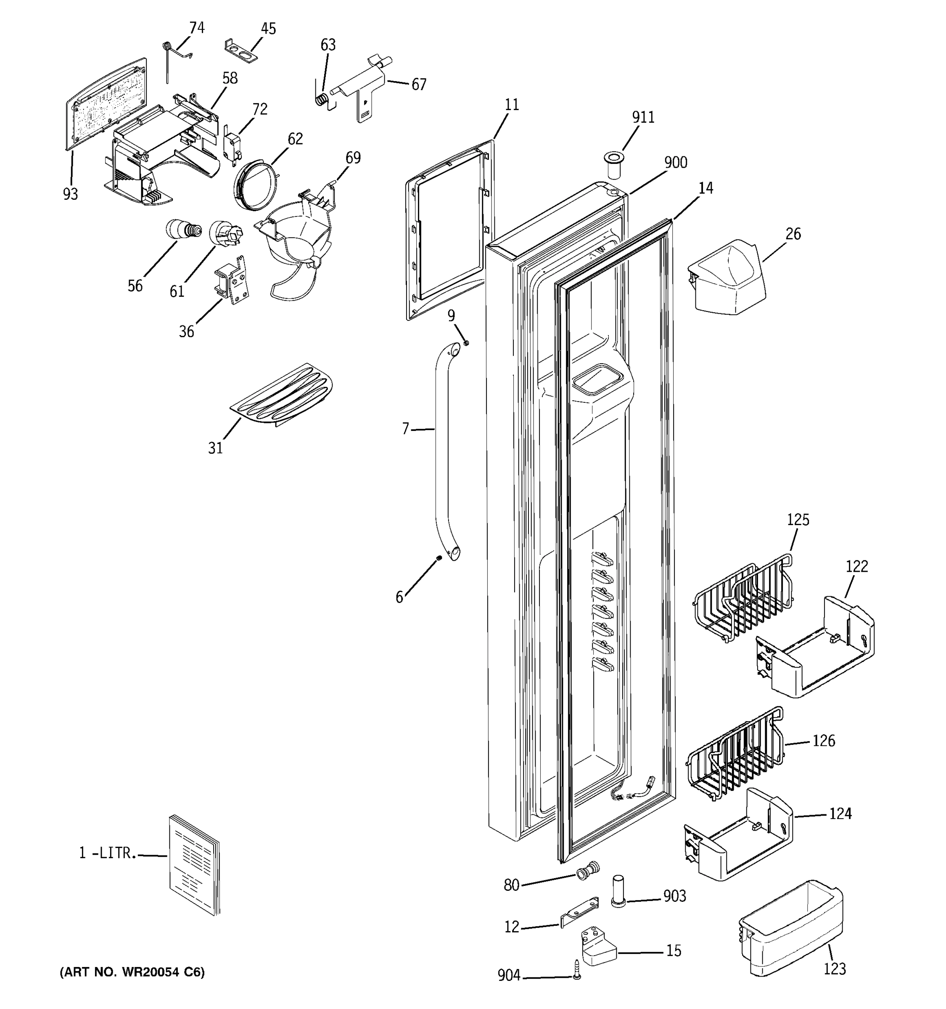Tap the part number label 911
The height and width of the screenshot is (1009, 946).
(x=643, y=118)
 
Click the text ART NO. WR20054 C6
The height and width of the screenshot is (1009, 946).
(x=132, y=972)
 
